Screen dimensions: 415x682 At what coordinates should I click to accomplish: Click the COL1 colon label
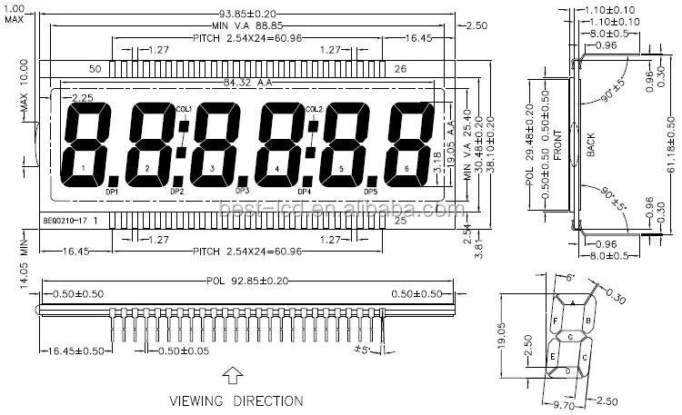tap(184, 109)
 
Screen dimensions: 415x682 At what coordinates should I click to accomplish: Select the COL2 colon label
tap(314, 109)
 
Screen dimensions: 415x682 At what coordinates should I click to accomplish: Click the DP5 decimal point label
tap(371, 192)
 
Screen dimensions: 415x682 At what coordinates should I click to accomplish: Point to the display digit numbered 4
tap(276, 169)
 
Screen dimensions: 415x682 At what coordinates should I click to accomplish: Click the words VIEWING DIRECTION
tap(236, 400)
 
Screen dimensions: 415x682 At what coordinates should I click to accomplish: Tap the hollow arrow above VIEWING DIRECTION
tap(234, 375)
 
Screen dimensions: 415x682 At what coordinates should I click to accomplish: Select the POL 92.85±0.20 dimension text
tap(238, 281)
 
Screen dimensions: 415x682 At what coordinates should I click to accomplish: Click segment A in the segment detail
tap(572, 301)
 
